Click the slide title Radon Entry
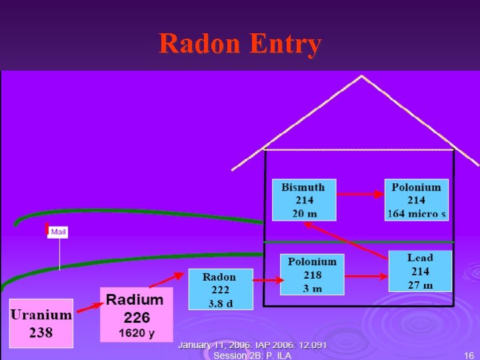(240, 44)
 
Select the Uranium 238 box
(41, 323)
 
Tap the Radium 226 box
(136, 314)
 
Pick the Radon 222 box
(220, 289)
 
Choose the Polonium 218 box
(312, 275)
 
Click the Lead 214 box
(420, 271)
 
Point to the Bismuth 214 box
(303, 200)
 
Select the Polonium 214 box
(417, 200)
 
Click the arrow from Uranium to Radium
(87, 307)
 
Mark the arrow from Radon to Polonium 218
(267, 281)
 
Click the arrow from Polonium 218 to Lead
(367, 275)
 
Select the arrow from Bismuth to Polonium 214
(361, 195)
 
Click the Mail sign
(58, 232)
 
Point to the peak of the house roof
(362, 77)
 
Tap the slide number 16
(469, 355)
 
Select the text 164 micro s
(417, 213)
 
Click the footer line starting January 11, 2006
(252, 345)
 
